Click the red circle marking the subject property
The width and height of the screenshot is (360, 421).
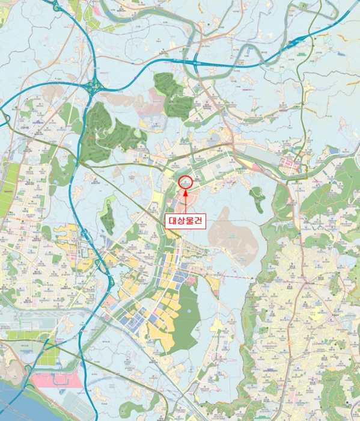(185, 181)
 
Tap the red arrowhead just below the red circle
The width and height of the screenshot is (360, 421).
(185, 191)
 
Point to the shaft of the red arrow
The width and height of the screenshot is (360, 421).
(185, 202)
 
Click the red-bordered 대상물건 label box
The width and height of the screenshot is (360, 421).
(185, 220)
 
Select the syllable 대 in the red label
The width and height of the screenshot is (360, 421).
(171, 220)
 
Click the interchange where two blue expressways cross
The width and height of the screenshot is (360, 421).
(93, 86)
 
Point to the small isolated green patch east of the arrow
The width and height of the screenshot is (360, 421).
(257, 197)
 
